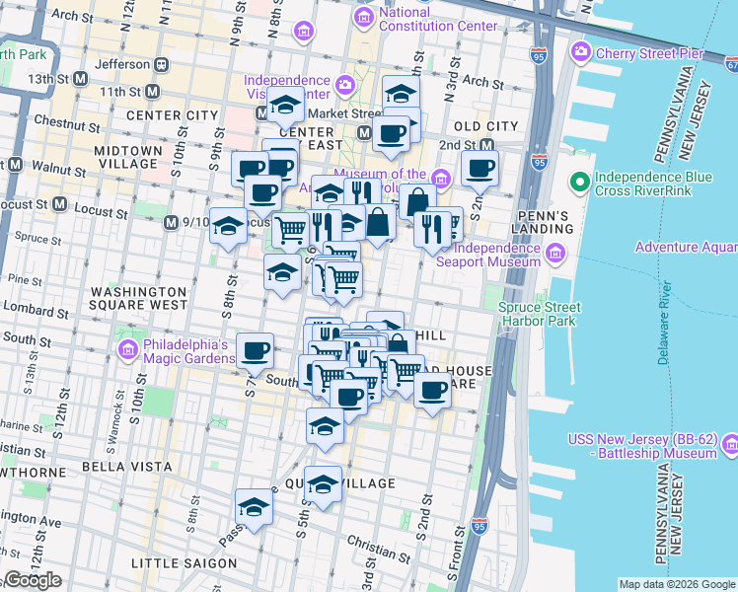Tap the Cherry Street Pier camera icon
tap(581, 50)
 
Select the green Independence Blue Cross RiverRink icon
tap(579, 183)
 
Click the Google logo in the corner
tap(33, 580)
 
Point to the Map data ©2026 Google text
tap(677, 584)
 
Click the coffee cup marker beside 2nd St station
tap(480, 169)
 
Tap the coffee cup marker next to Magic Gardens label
tap(256, 349)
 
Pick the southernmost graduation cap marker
tap(254, 508)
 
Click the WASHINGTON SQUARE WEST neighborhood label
tap(138, 299)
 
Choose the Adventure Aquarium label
tap(686, 247)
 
